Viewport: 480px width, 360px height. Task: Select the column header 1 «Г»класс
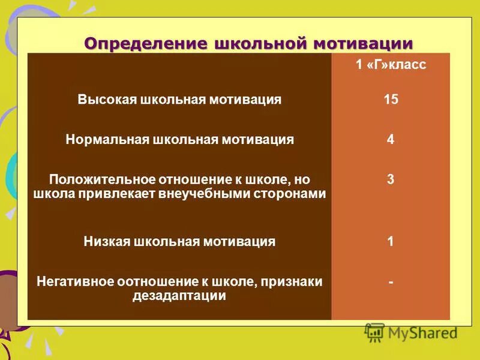[391, 65]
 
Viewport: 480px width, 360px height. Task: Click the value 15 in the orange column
[391, 100]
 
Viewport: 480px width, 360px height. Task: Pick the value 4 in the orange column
[391, 140]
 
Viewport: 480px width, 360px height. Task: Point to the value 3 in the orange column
[391, 179]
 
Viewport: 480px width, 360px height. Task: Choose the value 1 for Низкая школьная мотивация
[391, 242]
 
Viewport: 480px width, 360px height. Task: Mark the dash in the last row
[391, 280]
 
